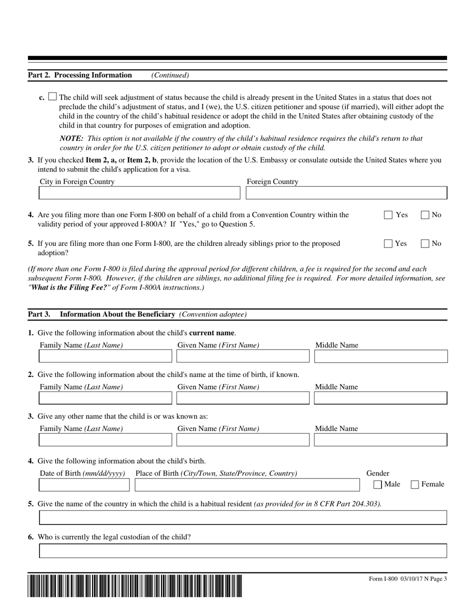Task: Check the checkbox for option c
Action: pyautogui.click(x=53, y=97)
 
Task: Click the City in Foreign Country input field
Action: pyautogui.click(x=139, y=193)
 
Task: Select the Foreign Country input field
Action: pyautogui.click(x=346, y=193)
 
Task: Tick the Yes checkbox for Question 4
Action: pyautogui.click(x=388, y=215)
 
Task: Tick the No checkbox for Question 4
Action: pyautogui.click(x=425, y=215)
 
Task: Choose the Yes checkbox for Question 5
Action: pyautogui.click(x=388, y=244)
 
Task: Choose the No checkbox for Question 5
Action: pyautogui.click(x=425, y=244)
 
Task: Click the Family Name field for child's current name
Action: pyautogui.click(x=105, y=356)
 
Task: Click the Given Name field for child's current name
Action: pyautogui.click(x=243, y=356)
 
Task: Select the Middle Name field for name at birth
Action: pyautogui.click(x=380, y=398)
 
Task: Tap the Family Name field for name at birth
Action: pyautogui.click(x=105, y=398)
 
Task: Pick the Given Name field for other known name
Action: pyautogui.click(x=243, y=440)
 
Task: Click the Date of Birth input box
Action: pyautogui.click(x=84, y=484)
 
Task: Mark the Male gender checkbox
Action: pyautogui.click(x=378, y=484)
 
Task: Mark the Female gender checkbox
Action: pyautogui.click(x=415, y=484)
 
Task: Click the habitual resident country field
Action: pyautogui.click(x=243, y=517)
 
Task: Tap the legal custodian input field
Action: pyautogui.click(x=243, y=551)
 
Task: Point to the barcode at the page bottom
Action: pyautogui.click(x=135, y=586)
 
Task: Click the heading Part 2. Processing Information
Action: pyautogui.click(x=80, y=75)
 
